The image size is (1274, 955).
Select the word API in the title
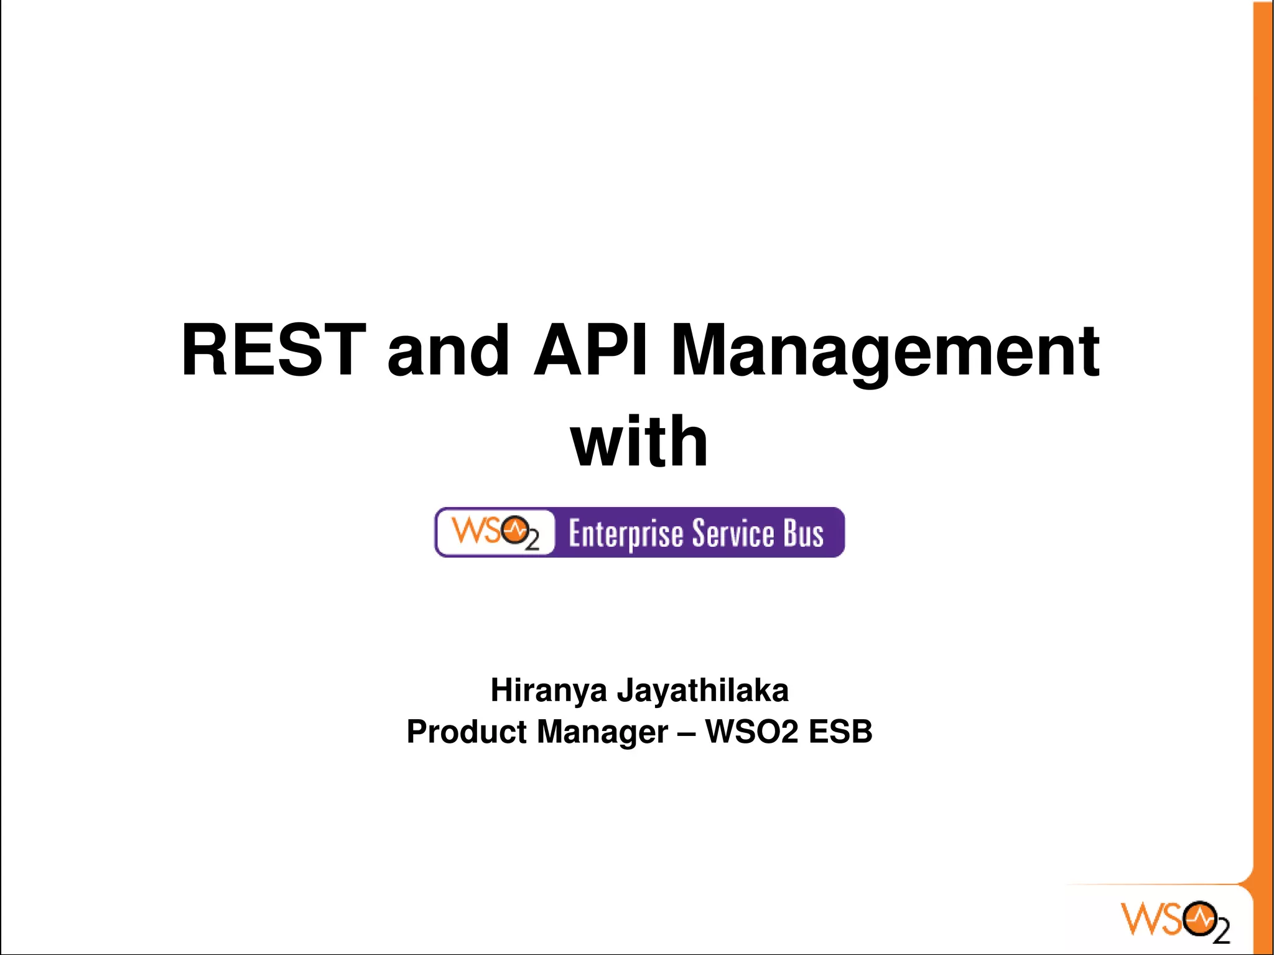(591, 350)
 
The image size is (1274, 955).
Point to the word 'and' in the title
(449, 352)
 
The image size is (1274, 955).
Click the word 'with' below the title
(639, 442)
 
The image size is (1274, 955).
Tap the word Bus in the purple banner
(803, 533)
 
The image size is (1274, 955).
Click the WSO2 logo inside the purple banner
(495, 533)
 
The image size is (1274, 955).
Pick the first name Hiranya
(548, 690)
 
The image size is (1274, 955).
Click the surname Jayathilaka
(702, 690)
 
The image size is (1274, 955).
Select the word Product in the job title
(467, 732)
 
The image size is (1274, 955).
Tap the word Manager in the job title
(602, 732)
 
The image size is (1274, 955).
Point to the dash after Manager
(686, 732)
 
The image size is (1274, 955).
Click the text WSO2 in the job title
(751, 732)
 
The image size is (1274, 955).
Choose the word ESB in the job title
(840, 732)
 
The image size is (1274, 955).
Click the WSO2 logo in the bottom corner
(1174, 920)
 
